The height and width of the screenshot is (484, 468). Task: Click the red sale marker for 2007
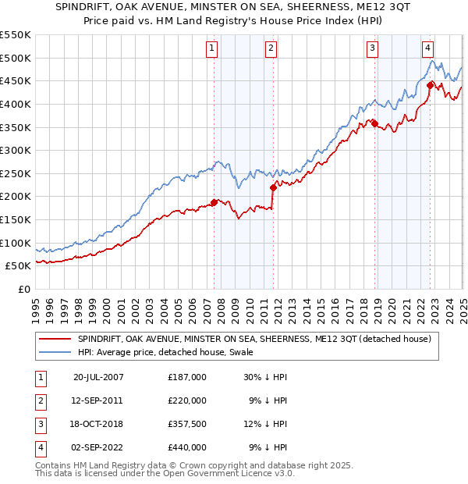tap(214, 202)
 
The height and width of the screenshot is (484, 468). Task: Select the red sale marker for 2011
tap(273, 187)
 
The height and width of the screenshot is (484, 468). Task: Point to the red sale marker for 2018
tap(374, 123)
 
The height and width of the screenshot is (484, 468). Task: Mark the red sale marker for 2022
tap(430, 84)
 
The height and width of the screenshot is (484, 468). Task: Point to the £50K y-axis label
tap(19, 266)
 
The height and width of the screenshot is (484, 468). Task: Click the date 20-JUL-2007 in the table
tap(98, 377)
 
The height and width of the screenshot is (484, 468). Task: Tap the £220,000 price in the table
tap(186, 400)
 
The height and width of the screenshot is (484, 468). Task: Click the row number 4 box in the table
tap(38, 448)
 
